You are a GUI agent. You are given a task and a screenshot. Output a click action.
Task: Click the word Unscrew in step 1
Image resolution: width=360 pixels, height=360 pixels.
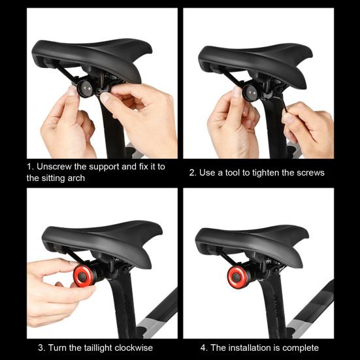[x=54, y=167]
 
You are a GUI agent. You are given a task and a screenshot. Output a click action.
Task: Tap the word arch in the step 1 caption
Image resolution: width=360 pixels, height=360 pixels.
[x=76, y=178]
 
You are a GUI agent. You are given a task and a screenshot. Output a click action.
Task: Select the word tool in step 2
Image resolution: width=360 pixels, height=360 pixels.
[x=233, y=172]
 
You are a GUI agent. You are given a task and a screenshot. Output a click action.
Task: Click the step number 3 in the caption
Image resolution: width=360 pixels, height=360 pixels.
[x=41, y=348]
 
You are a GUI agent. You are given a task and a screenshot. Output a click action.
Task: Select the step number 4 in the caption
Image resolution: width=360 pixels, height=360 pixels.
[x=204, y=348]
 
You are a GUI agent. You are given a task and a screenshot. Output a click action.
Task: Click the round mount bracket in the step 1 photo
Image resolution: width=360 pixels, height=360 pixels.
[x=86, y=89]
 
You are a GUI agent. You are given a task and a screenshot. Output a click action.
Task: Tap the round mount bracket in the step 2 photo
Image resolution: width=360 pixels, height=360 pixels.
[x=250, y=93]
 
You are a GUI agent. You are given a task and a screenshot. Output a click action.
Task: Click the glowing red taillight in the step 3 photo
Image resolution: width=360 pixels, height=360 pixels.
[x=84, y=276]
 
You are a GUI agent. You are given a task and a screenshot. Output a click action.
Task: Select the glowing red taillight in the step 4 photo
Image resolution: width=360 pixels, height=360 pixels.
[x=237, y=277]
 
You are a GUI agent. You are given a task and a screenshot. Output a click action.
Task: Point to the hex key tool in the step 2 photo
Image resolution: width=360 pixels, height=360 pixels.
[x=283, y=103]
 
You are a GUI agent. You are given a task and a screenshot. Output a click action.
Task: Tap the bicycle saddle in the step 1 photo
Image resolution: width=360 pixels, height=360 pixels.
[x=92, y=59]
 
